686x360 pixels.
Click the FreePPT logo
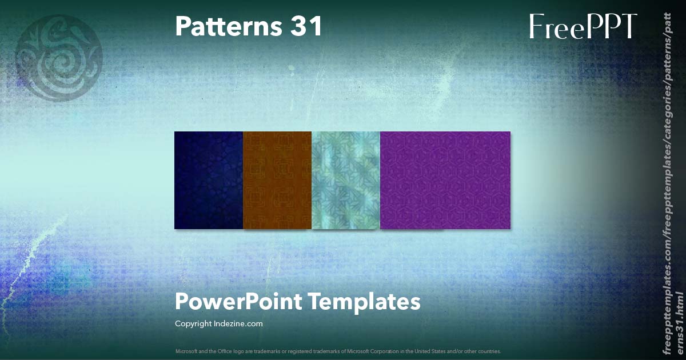(x=583, y=26)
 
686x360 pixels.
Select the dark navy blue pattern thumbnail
(x=209, y=180)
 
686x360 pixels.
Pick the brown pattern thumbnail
(x=277, y=180)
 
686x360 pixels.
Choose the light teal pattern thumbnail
(x=346, y=180)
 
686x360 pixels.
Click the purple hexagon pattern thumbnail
(x=445, y=180)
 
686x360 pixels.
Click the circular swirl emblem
(x=59, y=57)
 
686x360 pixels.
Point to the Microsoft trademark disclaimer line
(x=338, y=351)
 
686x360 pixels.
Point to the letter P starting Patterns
(x=182, y=26)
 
